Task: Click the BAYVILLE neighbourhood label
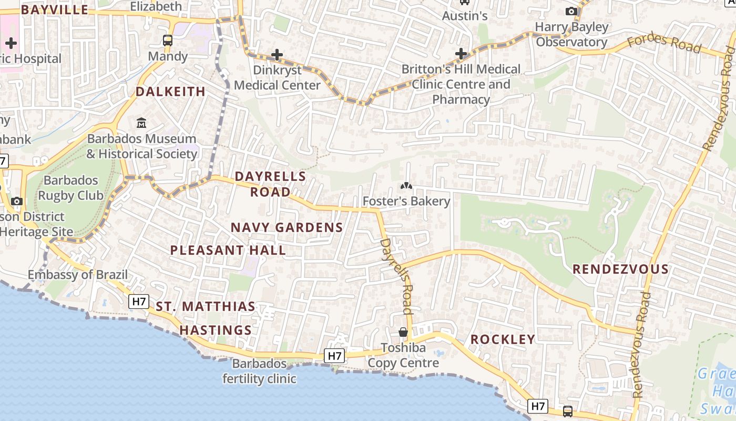pyautogui.click(x=55, y=9)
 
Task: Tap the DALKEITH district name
pyautogui.click(x=171, y=92)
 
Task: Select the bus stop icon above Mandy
pyautogui.click(x=168, y=41)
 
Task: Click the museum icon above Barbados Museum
pyautogui.click(x=141, y=123)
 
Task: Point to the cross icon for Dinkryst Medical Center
pyautogui.click(x=277, y=55)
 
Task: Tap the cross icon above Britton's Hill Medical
pyautogui.click(x=461, y=54)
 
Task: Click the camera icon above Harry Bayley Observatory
pyautogui.click(x=571, y=11)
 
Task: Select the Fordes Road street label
pyautogui.click(x=665, y=44)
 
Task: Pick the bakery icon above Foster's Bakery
pyautogui.click(x=406, y=186)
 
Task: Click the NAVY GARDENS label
pyautogui.click(x=287, y=227)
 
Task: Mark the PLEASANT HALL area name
pyautogui.click(x=228, y=250)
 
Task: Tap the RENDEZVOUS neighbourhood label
pyautogui.click(x=620, y=269)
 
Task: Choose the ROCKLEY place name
pyautogui.click(x=503, y=339)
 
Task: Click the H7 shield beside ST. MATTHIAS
pyautogui.click(x=139, y=302)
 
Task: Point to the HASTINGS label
pyautogui.click(x=216, y=330)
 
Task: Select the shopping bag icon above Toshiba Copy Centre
pyautogui.click(x=403, y=332)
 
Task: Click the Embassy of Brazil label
pyautogui.click(x=78, y=275)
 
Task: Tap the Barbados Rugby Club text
pyautogui.click(x=71, y=188)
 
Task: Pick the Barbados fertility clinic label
pyautogui.click(x=260, y=371)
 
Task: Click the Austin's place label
pyautogui.click(x=465, y=16)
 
